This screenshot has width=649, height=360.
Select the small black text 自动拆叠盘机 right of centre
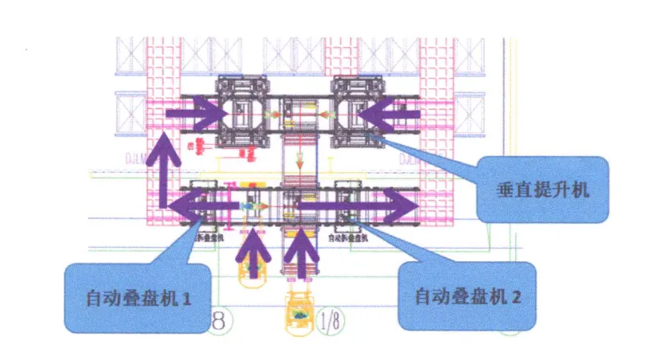(x=348, y=237)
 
